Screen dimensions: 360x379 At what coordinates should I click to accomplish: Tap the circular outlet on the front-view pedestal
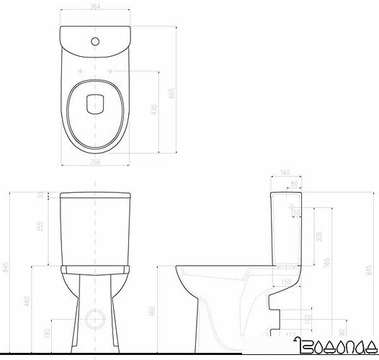(x=93, y=317)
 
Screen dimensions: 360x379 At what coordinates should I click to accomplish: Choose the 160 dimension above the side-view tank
(x=285, y=173)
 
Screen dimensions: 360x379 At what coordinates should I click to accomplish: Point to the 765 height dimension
(x=329, y=264)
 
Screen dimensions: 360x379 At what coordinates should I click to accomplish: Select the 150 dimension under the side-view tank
(x=285, y=281)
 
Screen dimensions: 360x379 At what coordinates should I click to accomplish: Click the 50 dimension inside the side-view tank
(x=295, y=210)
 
